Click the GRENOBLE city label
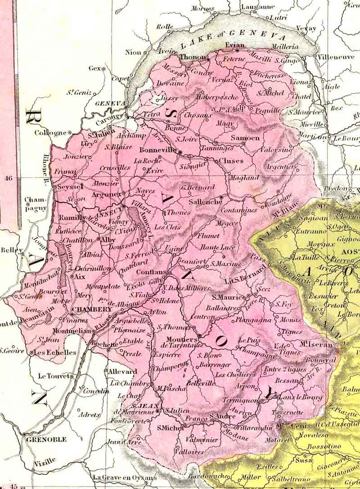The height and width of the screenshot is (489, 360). click(46, 439)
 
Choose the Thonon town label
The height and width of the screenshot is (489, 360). click(192, 58)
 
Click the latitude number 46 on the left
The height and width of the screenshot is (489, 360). click(8, 178)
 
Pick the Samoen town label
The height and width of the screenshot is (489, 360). click(245, 138)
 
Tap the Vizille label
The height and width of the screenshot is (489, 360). click(45, 460)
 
